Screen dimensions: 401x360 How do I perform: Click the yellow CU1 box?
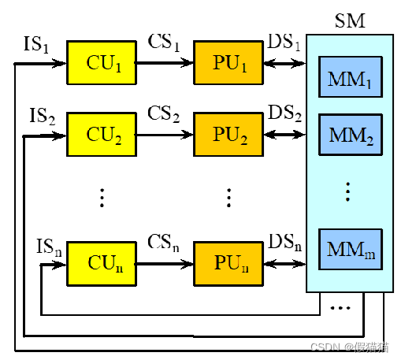click(102, 62)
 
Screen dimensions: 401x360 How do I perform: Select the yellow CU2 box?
click(102, 135)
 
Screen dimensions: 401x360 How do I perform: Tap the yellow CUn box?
click(102, 264)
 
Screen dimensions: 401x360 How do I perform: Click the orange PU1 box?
click(228, 62)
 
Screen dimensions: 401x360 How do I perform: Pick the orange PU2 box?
click(228, 135)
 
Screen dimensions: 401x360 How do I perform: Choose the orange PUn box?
click(228, 264)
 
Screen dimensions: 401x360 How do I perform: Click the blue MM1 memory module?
click(351, 77)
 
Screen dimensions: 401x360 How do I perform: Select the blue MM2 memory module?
click(351, 135)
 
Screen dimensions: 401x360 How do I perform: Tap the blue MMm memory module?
click(351, 250)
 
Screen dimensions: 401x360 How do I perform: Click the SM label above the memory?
click(350, 20)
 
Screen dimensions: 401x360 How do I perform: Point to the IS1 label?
click(36, 44)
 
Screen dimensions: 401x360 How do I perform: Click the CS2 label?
click(164, 114)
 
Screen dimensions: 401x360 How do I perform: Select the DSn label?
click(285, 243)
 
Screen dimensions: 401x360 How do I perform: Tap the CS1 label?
click(164, 43)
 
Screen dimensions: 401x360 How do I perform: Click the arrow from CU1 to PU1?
click(164, 63)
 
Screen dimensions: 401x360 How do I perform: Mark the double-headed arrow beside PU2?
click(285, 135)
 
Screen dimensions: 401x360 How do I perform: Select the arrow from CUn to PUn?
click(164, 264)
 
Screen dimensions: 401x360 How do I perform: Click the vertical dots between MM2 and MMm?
click(348, 191)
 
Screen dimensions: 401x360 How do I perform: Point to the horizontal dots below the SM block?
click(340, 308)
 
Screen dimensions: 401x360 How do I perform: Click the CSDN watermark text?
click(350, 347)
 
